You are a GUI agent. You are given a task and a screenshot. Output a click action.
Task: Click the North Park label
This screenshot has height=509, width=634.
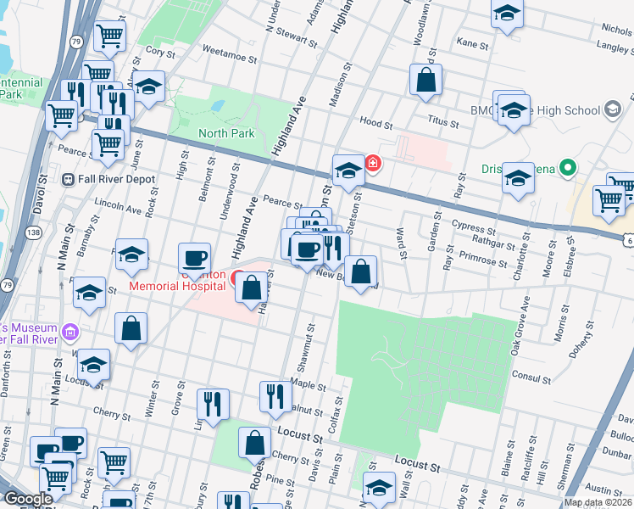[x=225, y=133]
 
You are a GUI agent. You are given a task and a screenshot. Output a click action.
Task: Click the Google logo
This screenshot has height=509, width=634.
[x=28, y=499]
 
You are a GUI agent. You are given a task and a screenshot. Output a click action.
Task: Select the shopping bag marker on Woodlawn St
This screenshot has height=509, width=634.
[x=426, y=81]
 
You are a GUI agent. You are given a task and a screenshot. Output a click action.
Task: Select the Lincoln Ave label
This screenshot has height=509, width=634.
[x=118, y=206]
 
